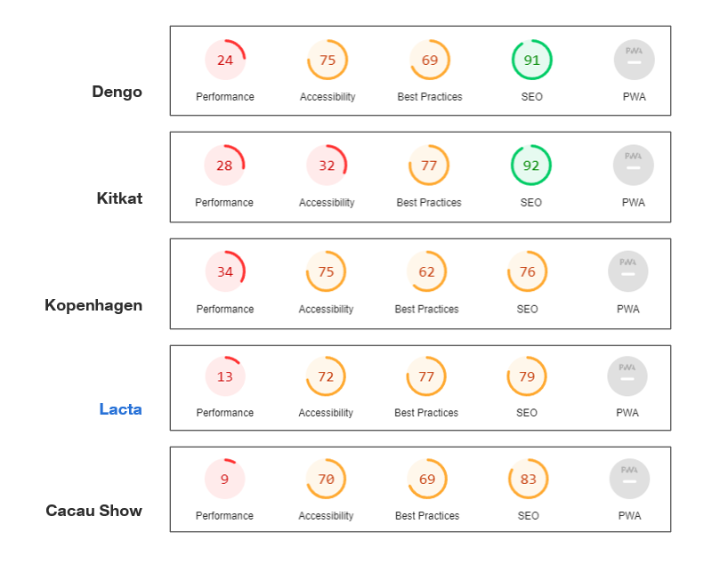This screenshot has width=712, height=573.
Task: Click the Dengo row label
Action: pos(117,92)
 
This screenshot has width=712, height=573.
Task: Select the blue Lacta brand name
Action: pos(120,409)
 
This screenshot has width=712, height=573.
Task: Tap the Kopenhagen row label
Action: pos(93,305)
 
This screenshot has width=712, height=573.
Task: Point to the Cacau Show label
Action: pos(93,511)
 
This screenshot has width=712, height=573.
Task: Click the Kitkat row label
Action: pos(119,198)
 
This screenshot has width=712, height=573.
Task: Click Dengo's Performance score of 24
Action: pos(225,61)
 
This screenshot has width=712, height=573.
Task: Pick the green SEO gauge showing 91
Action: pos(532,61)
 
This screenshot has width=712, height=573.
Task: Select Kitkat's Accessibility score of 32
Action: pos(327,165)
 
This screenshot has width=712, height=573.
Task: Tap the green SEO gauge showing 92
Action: pos(531,165)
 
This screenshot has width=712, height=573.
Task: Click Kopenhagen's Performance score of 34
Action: pos(225,272)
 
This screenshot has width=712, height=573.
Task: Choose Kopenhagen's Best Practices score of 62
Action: pos(427,272)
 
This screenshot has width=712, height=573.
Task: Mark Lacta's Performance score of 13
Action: pos(225,376)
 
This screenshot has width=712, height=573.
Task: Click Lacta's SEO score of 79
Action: pos(527,376)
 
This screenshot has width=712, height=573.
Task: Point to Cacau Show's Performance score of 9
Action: pos(225,480)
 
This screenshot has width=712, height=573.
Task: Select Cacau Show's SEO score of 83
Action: pos(529,480)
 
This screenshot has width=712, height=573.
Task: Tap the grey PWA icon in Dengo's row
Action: pos(634,61)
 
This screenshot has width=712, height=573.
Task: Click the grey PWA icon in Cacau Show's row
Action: pos(629,480)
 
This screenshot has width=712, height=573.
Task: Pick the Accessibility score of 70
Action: pos(327,480)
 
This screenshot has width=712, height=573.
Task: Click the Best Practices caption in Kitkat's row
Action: pos(429,203)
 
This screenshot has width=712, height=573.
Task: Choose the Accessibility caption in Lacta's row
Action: pos(326,413)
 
